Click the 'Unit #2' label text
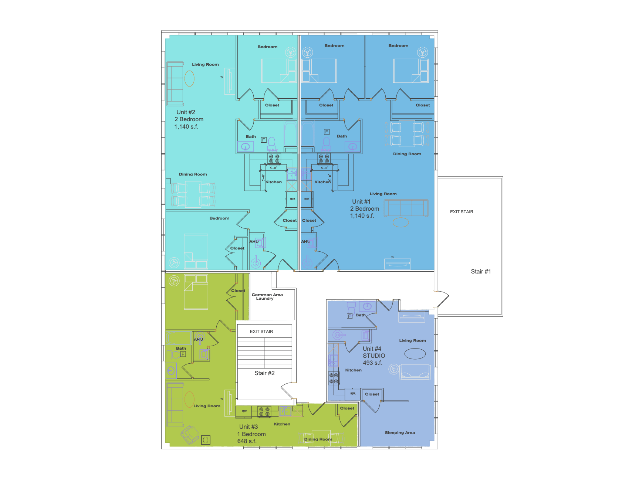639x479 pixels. [186, 112]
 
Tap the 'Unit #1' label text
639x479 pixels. [361, 201]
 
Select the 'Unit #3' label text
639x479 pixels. [248, 427]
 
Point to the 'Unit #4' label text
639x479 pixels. [372, 349]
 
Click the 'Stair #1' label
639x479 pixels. [481, 271]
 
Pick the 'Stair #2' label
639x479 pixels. [264, 373]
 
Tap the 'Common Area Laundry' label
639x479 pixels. [267, 296]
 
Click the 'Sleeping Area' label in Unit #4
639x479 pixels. [400, 432]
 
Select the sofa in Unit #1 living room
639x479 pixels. [406, 208]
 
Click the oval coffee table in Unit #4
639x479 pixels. [415, 354]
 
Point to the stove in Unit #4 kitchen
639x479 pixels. [334, 378]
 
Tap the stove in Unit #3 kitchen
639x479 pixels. [264, 411]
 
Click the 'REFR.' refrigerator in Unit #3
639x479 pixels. [244, 411]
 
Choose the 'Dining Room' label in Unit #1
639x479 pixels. [407, 154]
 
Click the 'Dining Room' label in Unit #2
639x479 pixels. [193, 174]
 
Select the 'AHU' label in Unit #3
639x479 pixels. [199, 339]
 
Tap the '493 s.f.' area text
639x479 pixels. [372, 363]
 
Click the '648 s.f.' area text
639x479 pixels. [247, 441]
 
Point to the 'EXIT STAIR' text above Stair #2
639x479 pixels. [261, 332]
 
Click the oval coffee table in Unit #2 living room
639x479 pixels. [189, 78]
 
